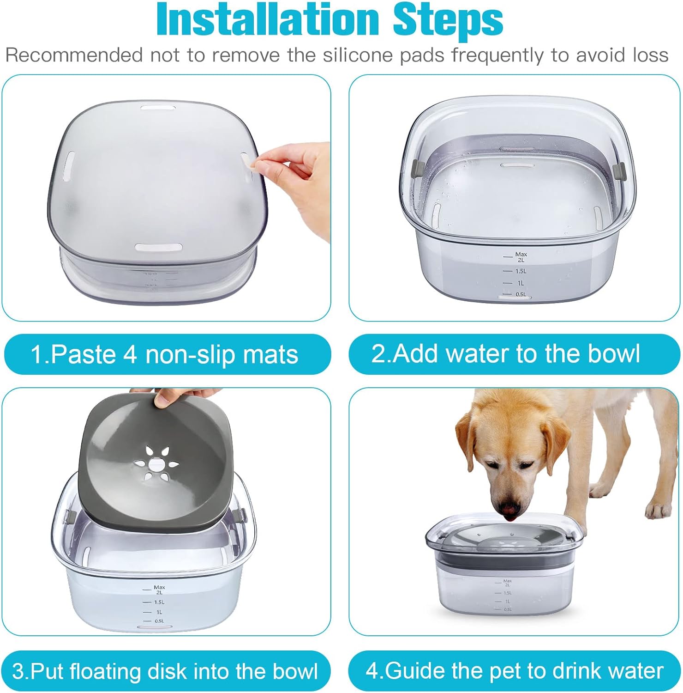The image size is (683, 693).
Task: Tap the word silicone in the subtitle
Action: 358,55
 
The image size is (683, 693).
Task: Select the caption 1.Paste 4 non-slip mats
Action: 165,354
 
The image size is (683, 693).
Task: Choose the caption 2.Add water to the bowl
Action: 506,353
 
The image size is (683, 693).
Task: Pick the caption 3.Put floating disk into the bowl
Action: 165,671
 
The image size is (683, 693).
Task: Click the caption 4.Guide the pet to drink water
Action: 514,670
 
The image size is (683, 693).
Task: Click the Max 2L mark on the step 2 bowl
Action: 520,257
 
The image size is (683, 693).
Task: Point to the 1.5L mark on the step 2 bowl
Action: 520,271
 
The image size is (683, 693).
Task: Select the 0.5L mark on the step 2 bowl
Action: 520,294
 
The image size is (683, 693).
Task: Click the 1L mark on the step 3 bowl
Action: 159,612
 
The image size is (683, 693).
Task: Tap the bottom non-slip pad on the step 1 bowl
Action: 158,247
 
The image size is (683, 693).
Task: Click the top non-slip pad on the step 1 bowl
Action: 158,108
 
